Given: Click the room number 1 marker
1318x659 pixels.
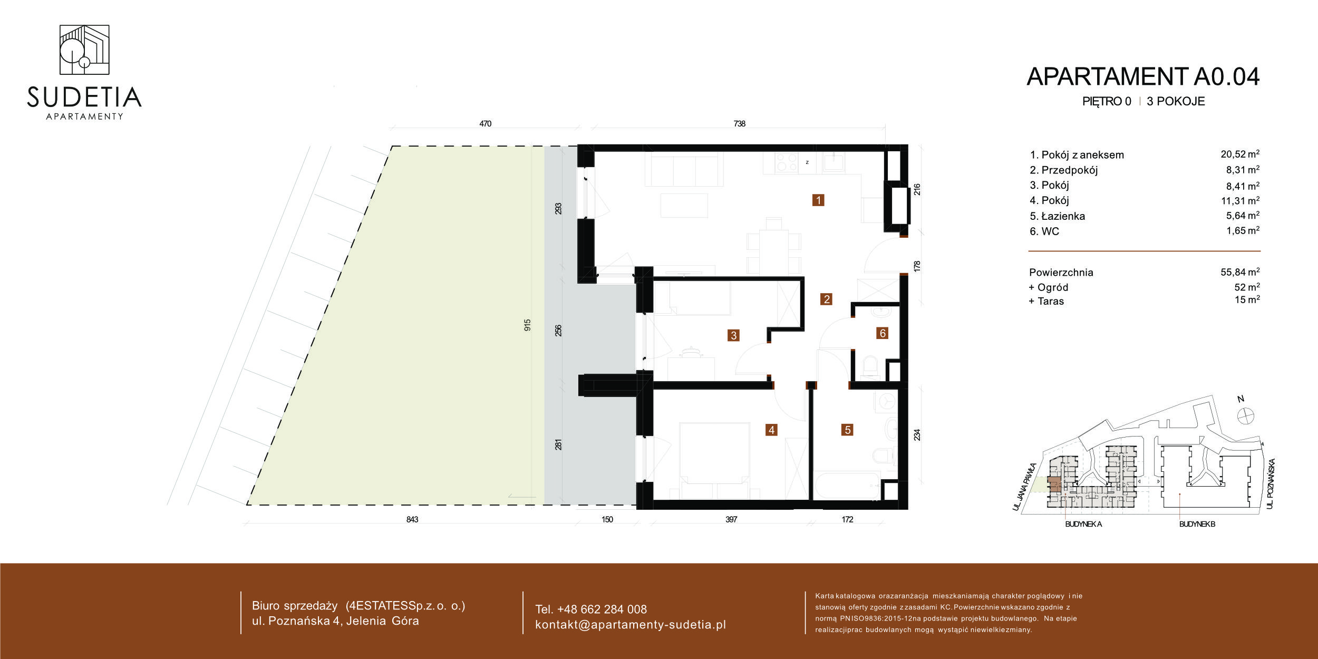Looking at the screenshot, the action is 818,200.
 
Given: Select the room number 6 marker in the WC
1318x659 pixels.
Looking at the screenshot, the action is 883,333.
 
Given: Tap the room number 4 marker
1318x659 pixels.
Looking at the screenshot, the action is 771,430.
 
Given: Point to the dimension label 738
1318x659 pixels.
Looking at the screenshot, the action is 739,123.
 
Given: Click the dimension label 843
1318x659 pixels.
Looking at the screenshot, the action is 412,519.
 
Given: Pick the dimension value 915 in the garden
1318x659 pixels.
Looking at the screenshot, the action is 527,325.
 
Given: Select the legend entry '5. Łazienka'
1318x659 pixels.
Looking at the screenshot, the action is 1057,216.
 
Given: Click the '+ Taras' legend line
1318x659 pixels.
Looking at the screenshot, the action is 1046,301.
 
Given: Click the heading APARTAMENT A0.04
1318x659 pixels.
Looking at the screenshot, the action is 1143,77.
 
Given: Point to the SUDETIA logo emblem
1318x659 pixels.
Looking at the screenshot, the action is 84,50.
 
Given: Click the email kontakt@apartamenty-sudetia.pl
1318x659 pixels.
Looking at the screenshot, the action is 631,625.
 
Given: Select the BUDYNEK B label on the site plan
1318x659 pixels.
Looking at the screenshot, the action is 1197,524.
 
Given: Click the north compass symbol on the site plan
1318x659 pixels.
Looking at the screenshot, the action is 1245,415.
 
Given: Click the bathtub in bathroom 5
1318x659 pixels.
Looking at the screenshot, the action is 847,485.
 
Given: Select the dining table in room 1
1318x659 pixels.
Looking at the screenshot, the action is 773,245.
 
